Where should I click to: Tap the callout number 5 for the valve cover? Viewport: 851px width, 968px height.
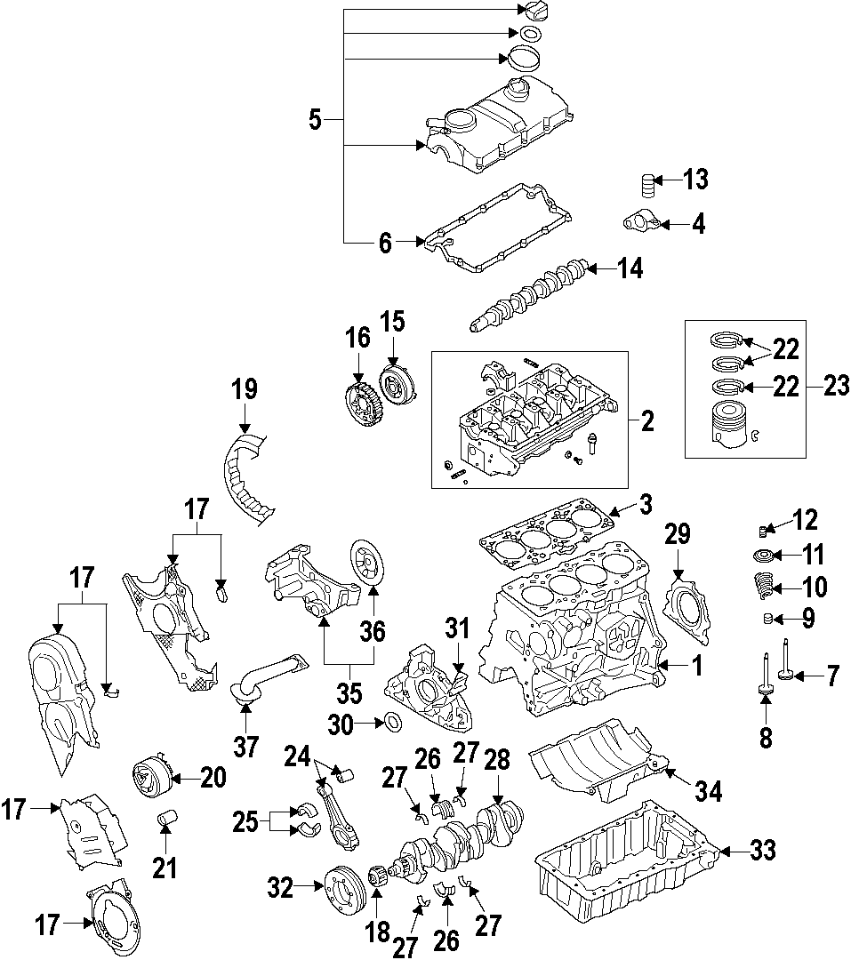coord(315,119)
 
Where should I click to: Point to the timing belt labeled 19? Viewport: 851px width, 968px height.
coord(248,476)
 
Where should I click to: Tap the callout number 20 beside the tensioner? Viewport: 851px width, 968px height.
coord(213,777)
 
